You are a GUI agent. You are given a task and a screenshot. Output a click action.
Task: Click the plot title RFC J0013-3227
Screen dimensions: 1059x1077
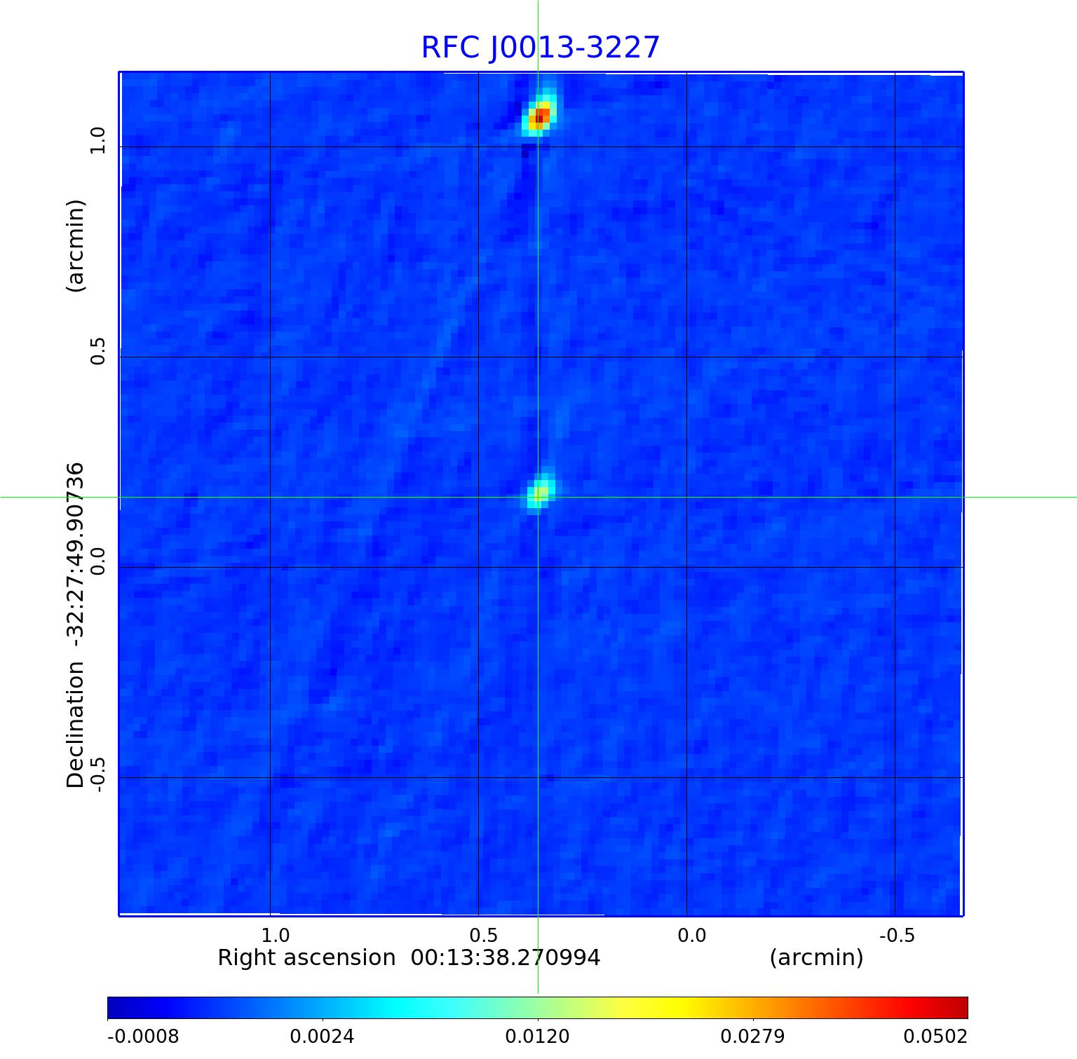tap(540, 48)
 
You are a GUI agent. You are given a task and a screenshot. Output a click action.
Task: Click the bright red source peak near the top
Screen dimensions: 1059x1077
tap(539, 115)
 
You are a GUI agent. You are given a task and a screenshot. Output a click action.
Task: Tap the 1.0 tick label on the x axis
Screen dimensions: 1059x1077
tap(275, 936)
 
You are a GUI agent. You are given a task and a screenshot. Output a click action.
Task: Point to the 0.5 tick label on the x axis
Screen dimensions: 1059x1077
tap(483, 936)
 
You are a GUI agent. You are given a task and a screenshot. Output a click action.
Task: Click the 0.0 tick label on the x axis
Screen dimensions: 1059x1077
tap(691, 936)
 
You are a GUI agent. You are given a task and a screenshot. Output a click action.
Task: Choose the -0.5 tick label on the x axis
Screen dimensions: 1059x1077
tap(895, 936)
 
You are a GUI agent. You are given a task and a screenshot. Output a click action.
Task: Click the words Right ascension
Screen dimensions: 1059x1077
tap(306, 958)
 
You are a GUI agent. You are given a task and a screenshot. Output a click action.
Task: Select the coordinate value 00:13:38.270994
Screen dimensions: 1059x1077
tap(505, 958)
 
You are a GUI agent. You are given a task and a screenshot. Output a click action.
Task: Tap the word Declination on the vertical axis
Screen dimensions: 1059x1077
tap(75, 725)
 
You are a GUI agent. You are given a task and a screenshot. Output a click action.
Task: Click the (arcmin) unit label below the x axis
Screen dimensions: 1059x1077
tap(816, 958)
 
